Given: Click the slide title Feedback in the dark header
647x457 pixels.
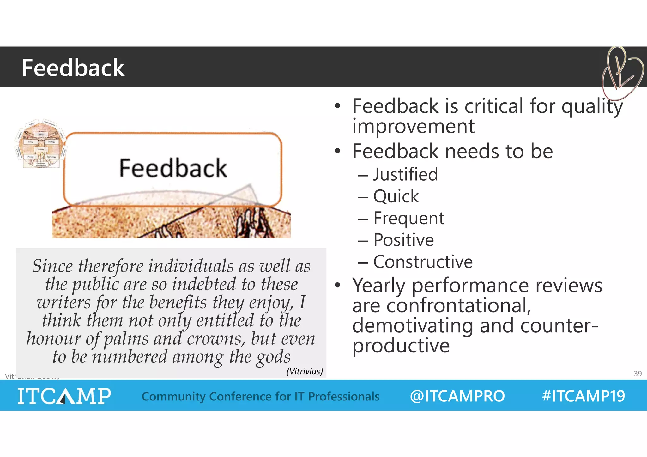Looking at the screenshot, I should [x=73, y=68].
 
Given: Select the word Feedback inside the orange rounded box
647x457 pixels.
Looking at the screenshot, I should [x=173, y=168].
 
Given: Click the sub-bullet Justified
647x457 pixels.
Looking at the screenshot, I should [x=405, y=174].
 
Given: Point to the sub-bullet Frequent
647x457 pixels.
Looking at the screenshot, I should [x=408, y=219].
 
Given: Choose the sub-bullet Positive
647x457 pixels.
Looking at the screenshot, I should [x=403, y=240].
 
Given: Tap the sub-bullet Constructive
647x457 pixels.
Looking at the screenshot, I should [x=423, y=262].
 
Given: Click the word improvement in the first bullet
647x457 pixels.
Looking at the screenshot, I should [x=413, y=126].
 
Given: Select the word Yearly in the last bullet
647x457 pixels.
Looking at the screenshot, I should [x=378, y=286].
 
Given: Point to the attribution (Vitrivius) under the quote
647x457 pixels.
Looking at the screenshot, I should [x=305, y=371].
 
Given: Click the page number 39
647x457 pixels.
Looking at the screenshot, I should [x=638, y=374].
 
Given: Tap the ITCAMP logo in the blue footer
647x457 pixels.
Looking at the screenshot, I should [x=64, y=396].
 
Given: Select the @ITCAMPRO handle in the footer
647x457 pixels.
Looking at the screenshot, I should [x=457, y=396].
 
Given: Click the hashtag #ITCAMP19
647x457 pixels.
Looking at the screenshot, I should [x=583, y=396].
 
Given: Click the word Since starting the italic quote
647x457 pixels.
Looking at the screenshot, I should [x=52, y=266].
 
